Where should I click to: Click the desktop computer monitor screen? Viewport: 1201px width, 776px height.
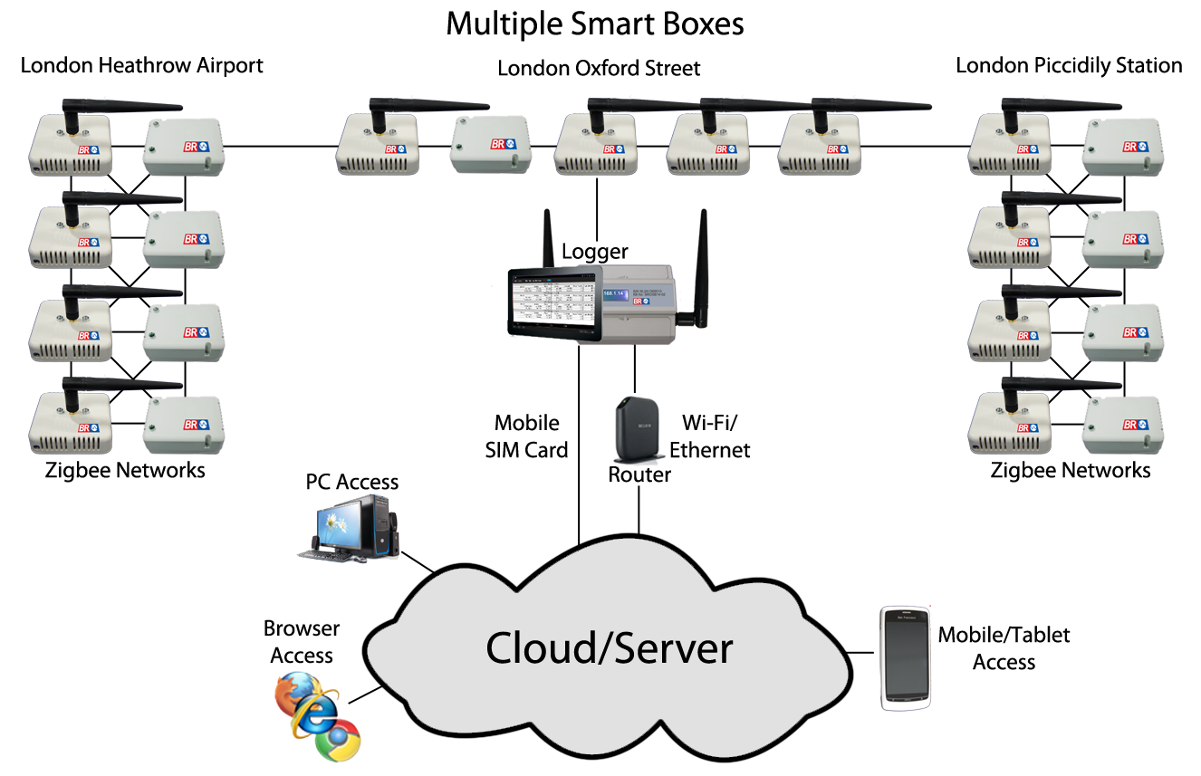pos(344,523)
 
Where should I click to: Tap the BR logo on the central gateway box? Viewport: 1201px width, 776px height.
pos(641,301)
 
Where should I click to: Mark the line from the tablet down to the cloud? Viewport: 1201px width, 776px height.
pos(578,435)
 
